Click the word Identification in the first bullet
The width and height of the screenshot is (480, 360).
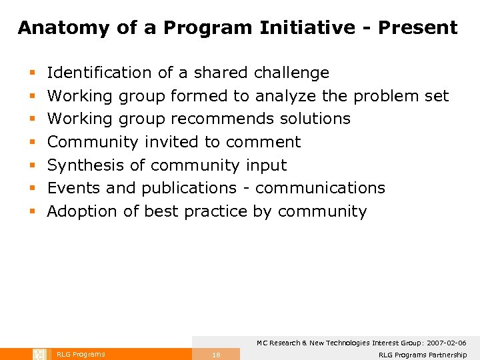click(99, 73)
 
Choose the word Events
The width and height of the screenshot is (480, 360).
click(75, 188)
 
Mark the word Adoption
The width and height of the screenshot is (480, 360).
click(84, 211)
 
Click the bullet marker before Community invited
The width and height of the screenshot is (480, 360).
click(31, 143)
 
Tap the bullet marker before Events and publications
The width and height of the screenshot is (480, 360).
click(31, 189)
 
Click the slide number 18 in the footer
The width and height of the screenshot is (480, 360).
click(215, 355)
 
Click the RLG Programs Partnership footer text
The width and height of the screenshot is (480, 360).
click(422, 355)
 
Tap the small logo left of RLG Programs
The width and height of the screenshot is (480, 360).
click(39, 354)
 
